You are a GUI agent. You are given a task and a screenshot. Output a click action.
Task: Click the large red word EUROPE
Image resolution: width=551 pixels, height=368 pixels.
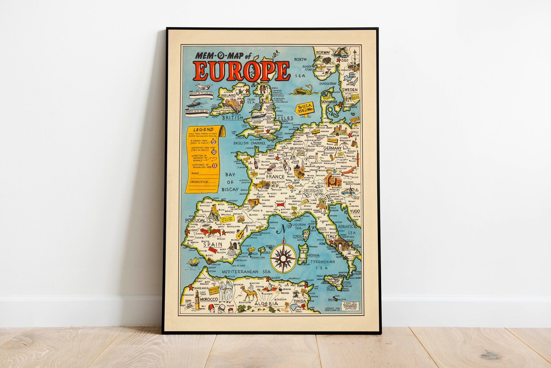[x=242, y=71]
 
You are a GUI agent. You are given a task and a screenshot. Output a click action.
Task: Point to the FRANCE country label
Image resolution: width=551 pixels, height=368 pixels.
[x=275, y=177]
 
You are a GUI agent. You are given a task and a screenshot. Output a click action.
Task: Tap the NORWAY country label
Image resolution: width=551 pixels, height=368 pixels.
[x=322, y=52]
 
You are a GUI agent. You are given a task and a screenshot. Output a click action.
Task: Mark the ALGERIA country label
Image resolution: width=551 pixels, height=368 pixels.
[x=266, y=304]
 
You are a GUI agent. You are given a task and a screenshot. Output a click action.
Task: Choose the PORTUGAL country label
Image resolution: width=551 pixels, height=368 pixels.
[x=195, y=220]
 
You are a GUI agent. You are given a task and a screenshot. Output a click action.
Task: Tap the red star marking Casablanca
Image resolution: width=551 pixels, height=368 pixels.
[x=190, y=287]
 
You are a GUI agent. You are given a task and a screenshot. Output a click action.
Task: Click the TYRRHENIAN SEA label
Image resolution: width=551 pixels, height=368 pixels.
[x=323, y=265]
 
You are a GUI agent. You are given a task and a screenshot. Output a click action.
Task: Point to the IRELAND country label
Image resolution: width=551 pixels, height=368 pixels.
[x=229, y=95]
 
